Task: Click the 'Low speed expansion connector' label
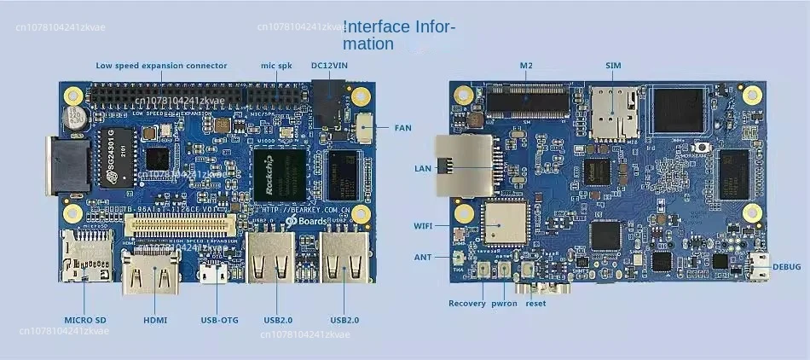tap(161, 66)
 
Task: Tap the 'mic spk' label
tap(276, 66)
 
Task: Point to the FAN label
tap(402, 128)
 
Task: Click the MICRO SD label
tap(85, 320)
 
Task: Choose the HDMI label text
tap(154, 320)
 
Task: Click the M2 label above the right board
tap(525, 66)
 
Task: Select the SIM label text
tap(613, 66)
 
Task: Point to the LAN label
tap(423, 168)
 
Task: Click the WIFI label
tap(424, 226)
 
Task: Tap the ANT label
tap(424, 257)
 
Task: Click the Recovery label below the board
tap(467, 303)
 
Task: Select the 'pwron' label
tap(504, 303)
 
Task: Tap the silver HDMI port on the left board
tap(153, 276)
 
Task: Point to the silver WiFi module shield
tap(506, 227)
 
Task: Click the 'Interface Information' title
tap(399, 35)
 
